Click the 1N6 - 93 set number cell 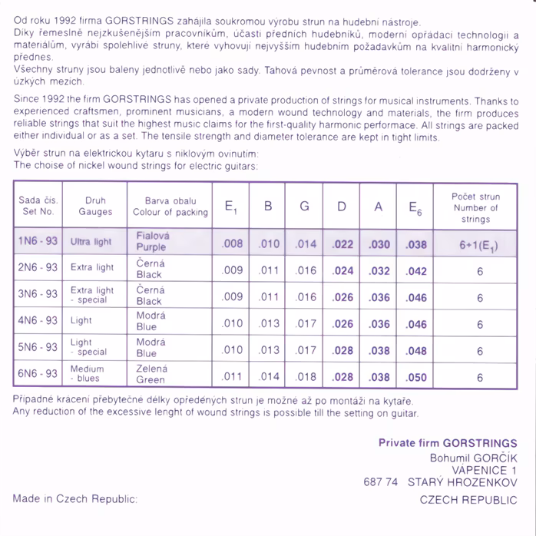(x=38, y=241)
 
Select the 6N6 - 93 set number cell (x=38, y=374)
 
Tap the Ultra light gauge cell (x=91, y=242)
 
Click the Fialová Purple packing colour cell (x=152, y=241)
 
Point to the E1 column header (x=232, y=207)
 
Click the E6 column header (x=415, y=207)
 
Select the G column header (x=305, y=207)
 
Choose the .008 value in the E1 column (x=232, y=244)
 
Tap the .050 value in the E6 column (x=415, y=377)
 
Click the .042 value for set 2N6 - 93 (x=415, y=271)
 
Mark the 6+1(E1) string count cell (x=478, y=246)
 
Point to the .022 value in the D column (x=342, y=244)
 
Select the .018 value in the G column (x=306, y=377)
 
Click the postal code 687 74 (x=381, y=482)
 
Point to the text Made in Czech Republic (x=74, y=499)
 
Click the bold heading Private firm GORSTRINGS (x=448, y=443)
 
